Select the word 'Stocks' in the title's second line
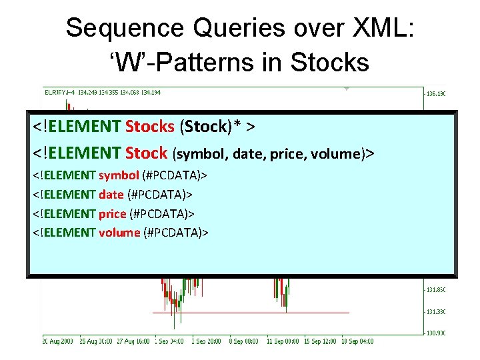pyautogui.click(x=330, y=62)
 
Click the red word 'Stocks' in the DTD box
pyautogui.click(x=150, y=127)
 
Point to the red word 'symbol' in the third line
pyautogui.click(x=119, y=175)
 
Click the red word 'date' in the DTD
pyautogui.click(x=111, y=195)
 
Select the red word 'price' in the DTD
pyautogui.click(x=113, y=213)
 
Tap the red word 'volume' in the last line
pyautogui.click(x=119, y=233)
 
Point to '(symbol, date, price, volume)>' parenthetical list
pyautogui.click(x=274, y=154)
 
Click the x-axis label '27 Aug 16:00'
pyautogui.click(x=133, y=341)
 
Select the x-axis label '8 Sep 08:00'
pyautogui.click(x=246, y=341)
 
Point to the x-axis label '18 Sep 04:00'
pyautogui.click(x=357, y=341)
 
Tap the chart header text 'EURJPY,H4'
pyautogui.click(x=59, y=92)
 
